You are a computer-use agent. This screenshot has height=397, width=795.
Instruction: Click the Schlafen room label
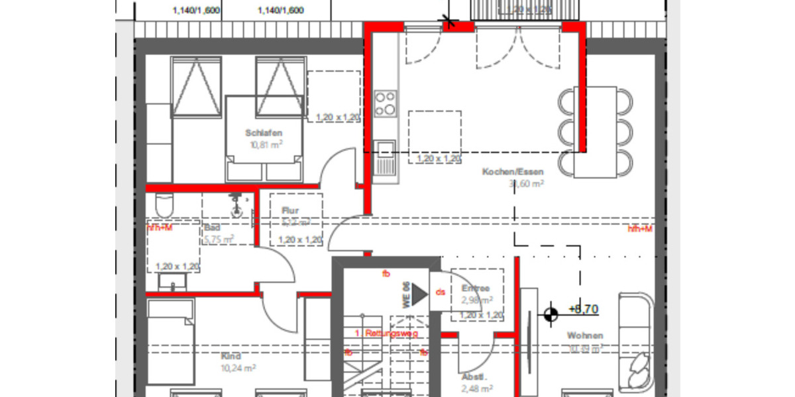click(x=263, y=133)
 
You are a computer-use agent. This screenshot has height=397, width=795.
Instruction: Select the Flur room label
click(x=290, y=211)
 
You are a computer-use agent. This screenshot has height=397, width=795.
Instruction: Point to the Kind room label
click(x=231, y=356)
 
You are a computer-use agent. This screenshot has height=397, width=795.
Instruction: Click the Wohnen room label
click(x=585, y=335)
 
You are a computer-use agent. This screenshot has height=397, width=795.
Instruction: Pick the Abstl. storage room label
click(x=474, y=378)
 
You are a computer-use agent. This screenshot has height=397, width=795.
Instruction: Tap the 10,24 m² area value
click(x=238, y=368)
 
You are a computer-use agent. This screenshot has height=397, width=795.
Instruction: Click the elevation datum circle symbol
click(x=550, y=315)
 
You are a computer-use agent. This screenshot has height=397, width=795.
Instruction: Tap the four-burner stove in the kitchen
click(x=386, y=103)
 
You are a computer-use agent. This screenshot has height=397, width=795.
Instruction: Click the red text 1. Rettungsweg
click(x=386, y=333)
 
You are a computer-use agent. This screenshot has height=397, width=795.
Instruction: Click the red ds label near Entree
click(x=440, y=292)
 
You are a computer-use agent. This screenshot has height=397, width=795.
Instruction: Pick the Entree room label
click(x=476, y=288)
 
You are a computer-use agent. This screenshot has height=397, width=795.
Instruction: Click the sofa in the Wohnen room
click(x=636, y=341)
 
